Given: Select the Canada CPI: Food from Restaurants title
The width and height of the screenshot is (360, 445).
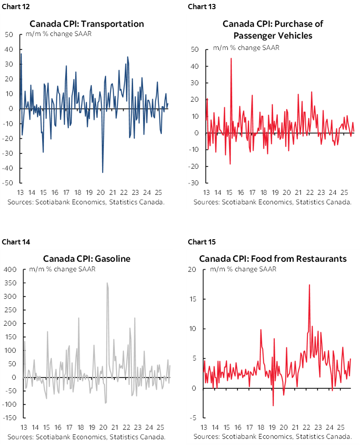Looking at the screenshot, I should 273,258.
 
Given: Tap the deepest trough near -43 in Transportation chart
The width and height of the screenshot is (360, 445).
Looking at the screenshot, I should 103,172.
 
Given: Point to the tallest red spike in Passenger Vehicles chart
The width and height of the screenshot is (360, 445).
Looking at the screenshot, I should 231,58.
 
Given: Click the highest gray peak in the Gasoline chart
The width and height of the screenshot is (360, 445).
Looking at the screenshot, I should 107,283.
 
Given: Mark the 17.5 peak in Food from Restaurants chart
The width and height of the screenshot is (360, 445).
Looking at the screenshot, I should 309,285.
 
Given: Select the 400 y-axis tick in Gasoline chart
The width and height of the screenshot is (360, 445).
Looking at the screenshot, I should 10,270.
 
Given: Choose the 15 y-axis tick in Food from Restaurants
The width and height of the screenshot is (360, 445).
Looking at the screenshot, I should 193,299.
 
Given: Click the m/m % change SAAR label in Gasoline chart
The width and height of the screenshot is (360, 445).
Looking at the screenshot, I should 62,269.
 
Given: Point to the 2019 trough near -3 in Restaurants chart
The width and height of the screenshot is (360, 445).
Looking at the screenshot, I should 273,405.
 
